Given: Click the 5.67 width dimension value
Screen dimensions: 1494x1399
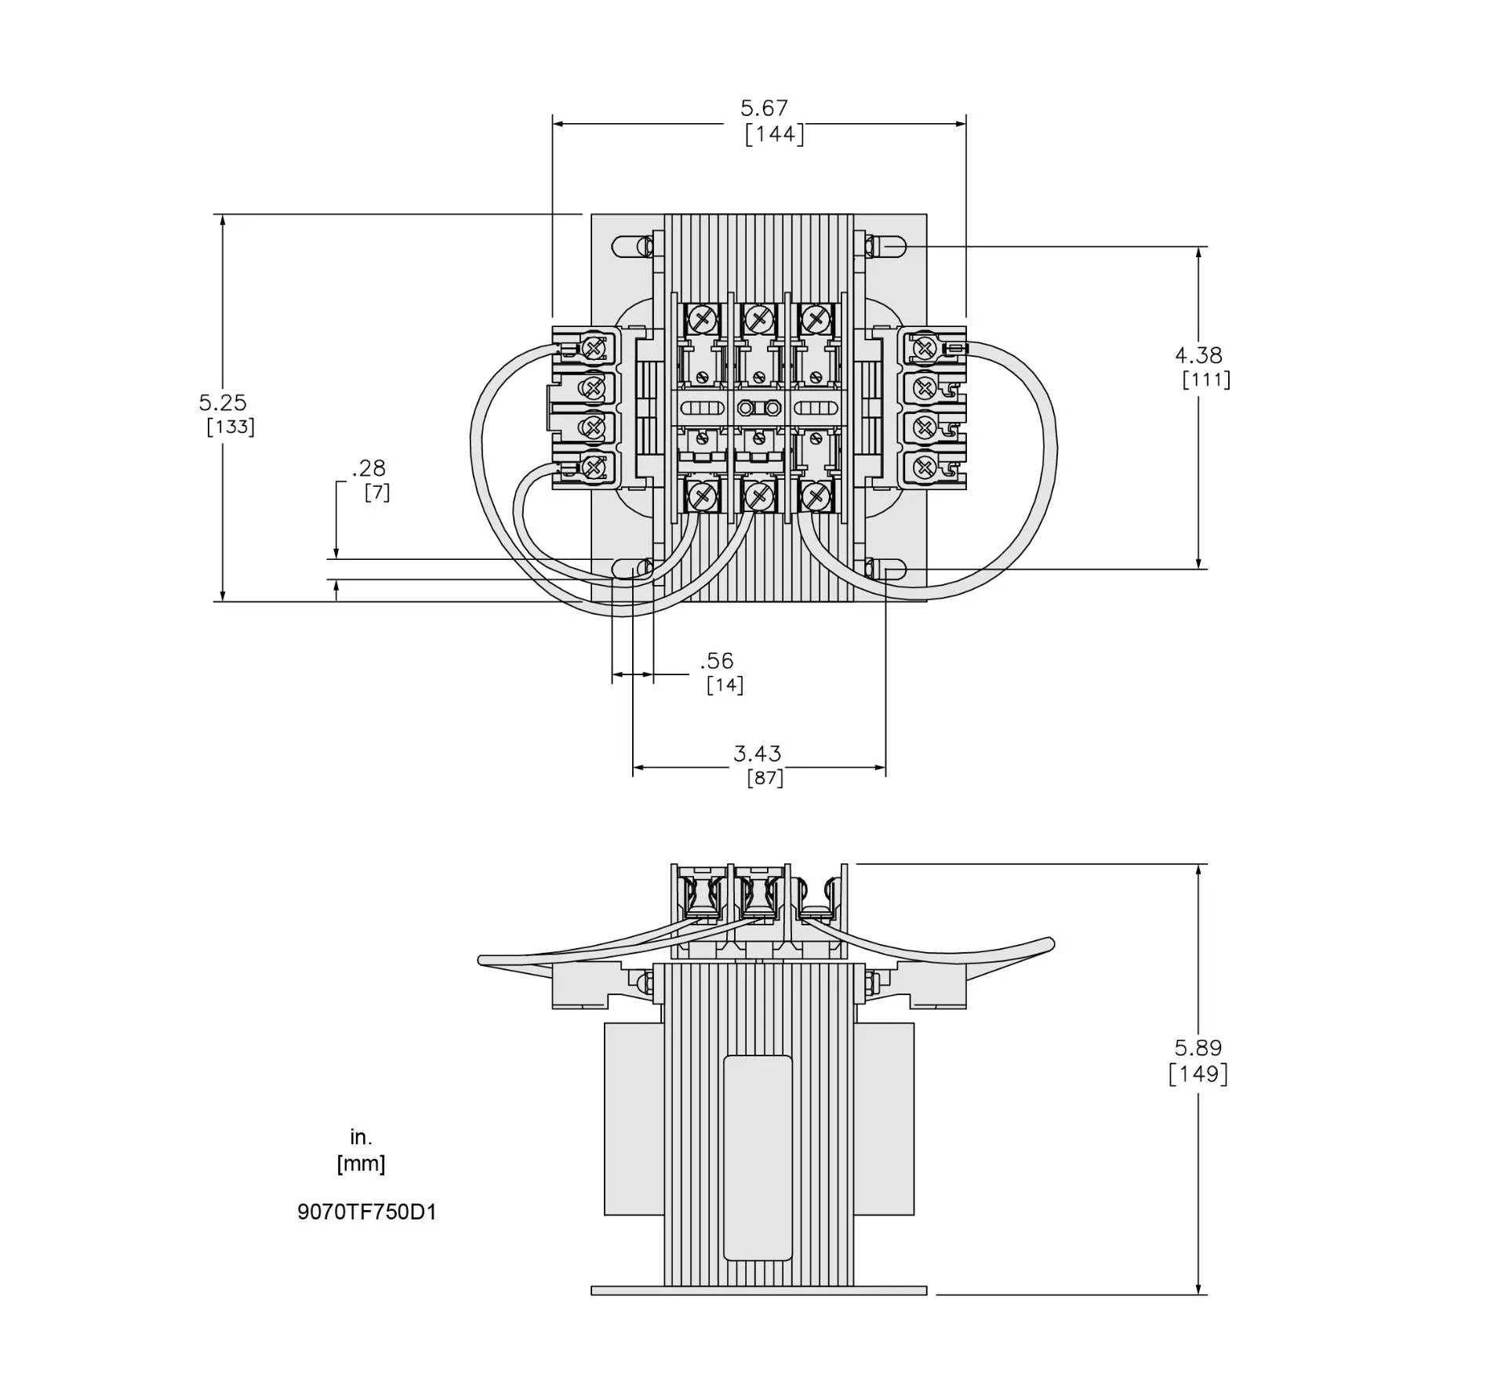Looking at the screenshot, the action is click(x=763, y=108).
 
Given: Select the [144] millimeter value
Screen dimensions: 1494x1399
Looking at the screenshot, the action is click(x=774, y=134).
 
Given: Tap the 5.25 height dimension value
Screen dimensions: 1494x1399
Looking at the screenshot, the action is click(x=223, y=402).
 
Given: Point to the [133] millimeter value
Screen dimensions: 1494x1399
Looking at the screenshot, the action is click(x=231, y=427).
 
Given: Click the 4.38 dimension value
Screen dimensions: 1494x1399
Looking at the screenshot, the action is click(x=1198, y=355).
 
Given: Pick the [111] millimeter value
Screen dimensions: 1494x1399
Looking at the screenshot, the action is click(x=1206, y=380).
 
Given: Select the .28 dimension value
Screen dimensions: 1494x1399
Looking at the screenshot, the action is click(x=369, y=468).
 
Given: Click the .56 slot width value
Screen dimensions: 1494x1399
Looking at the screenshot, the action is click(x=717, y=660).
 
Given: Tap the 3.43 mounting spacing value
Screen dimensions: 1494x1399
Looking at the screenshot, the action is click(x=757, y=754).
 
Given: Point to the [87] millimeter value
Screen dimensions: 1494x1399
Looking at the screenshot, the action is click(x=765, y=778).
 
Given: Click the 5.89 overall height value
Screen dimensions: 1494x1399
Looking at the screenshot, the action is click(x=1198, y=1048).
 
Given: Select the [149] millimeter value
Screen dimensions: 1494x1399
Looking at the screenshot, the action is click(x=1198, y=1074).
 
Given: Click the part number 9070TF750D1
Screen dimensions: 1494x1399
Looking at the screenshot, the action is click(x=366, y=1212).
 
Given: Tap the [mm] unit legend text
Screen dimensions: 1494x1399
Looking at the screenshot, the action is click(x=361, y=1163).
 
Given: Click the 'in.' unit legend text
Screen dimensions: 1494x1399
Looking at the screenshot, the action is click(x=361, y=1136).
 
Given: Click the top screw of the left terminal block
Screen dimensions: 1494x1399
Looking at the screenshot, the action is click(x=594, y=346).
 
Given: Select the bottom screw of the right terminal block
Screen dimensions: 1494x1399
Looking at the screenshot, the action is click(x=925, y=468).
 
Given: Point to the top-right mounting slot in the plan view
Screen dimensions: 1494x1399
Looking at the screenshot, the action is click(x=885, y=246).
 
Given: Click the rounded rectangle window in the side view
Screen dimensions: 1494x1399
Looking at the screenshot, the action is click(x=758, y=1157).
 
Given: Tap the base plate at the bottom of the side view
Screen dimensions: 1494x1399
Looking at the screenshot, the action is click(x=758, y=1290).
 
